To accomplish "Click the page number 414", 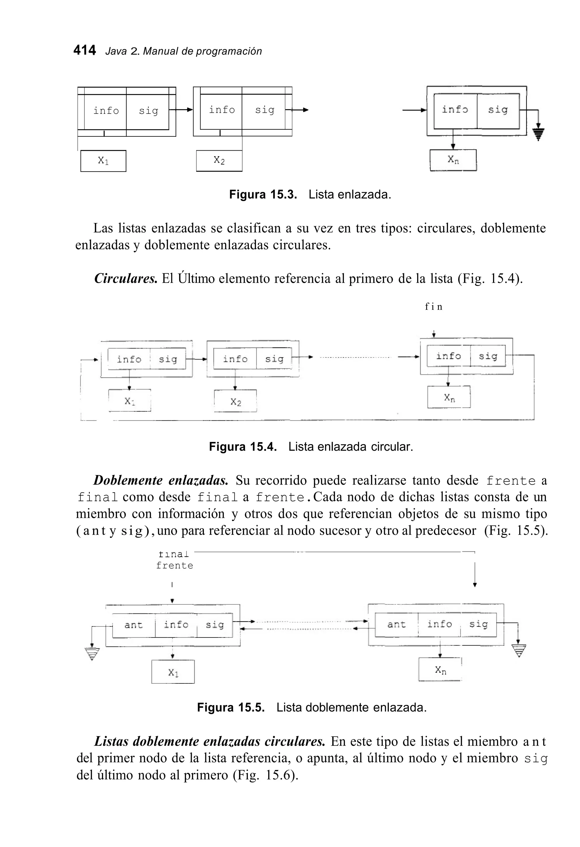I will click(85, 50).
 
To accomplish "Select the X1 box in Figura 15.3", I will click(103, 161).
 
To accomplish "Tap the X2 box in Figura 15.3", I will click(219, 161).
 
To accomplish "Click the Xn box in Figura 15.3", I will click(453, 160).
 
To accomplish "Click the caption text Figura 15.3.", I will click(263, 194).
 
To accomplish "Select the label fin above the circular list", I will click(434, 307).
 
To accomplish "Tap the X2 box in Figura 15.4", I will click(236, 401).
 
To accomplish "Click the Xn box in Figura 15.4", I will click(449, 397).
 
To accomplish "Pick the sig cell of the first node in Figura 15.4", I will click(168, 359).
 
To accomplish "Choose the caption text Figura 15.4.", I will click(243, 447).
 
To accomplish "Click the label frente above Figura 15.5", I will click(174, 566).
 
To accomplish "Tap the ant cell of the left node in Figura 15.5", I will click(133, 625).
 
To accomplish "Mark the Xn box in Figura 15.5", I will click(440, 670).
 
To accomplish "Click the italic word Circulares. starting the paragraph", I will click(126, 279).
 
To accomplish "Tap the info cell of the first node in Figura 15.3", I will click(106, 111).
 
